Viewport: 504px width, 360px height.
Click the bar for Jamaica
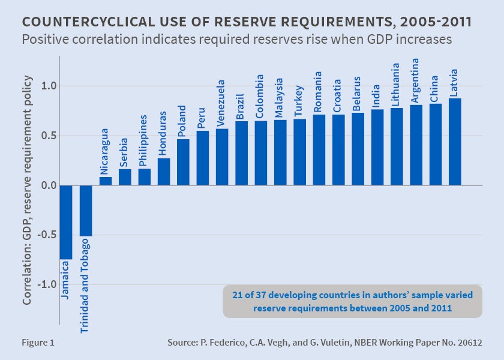click(x=66, y=222)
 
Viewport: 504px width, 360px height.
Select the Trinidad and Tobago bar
click(x=86, y=211)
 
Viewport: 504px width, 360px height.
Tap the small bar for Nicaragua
click(x=105, y=181)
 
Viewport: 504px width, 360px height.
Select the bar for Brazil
click(x=241, y=153)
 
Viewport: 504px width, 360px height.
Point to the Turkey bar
click(x=299, y=152)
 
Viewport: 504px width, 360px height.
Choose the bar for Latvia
click(x=455, y=142)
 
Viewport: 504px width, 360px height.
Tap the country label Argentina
click(x=416, y=80)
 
